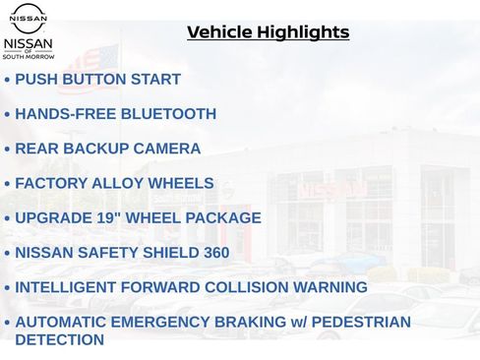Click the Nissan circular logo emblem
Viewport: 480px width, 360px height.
pos(29,18)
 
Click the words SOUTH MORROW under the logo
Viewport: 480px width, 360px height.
pos(29,57)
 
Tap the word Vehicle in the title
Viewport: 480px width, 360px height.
pos(218,32)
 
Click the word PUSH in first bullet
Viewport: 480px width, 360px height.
pos(35,79)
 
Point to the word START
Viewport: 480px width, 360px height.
pos(156,79)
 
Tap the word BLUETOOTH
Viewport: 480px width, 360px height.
pos(168,114)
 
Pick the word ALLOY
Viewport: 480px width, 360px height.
pos(118,183)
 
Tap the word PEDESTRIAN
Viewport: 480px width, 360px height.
pos(356,322)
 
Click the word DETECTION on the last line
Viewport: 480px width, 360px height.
pos(59,339)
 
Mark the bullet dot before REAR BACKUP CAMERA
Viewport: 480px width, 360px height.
pos(8,150)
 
